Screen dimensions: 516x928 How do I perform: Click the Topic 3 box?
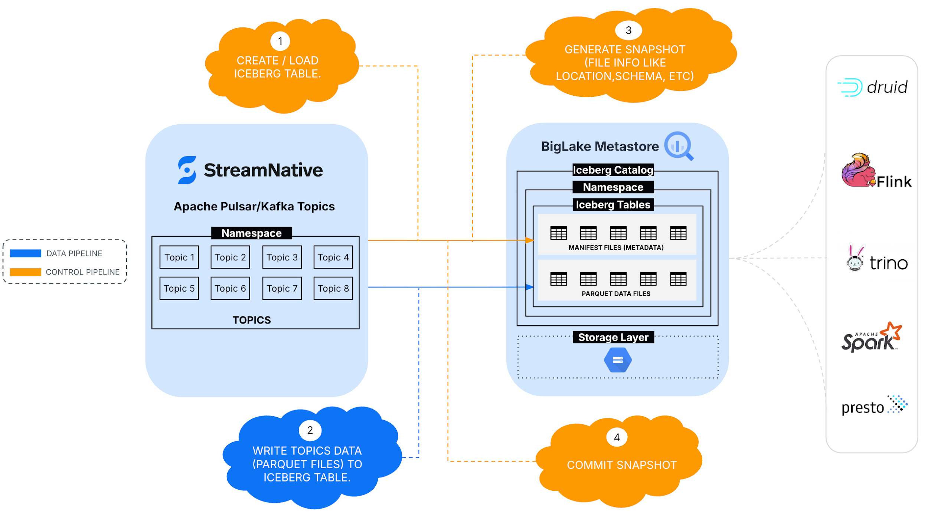pos(282,257)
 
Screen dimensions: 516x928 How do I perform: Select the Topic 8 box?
pos(333,288)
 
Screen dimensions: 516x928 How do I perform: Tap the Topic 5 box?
pos(179,288)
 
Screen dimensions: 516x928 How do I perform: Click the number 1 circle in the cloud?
pos(280,41)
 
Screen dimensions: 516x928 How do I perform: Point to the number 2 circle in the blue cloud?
pos(310,430)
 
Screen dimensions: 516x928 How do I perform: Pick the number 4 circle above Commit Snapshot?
pos(617,437)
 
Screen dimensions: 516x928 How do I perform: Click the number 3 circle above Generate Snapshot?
pos(628,30)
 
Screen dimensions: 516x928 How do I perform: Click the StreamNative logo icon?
pos(187,170)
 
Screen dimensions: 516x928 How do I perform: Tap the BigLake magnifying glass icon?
pos(679,146)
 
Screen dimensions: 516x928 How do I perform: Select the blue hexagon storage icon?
pos(618,360)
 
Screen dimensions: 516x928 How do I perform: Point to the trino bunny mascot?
pos(855,259)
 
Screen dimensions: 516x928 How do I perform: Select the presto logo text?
pos(862,408)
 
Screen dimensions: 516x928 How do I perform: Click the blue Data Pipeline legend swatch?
pos(25,253)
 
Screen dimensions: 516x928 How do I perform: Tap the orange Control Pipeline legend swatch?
pos(25,272)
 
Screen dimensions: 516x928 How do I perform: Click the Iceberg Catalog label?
pos(613,170)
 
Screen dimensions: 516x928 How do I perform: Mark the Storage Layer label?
pos(613,337)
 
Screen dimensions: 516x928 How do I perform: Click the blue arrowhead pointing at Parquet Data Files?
pos(530,287)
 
